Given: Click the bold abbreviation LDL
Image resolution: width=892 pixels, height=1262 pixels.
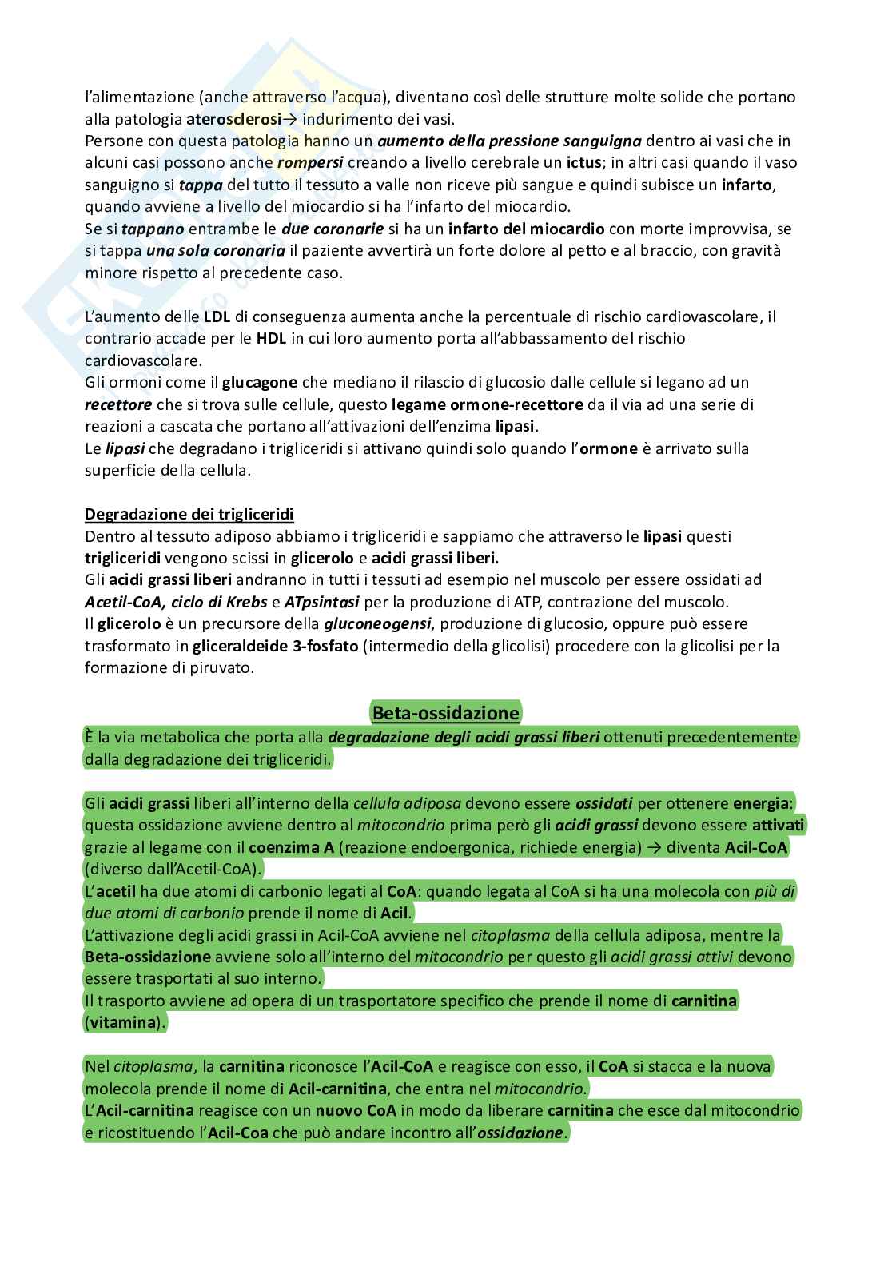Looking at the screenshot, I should (216, 316).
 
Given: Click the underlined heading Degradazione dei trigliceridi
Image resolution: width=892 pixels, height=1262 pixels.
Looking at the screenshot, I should (189, 514).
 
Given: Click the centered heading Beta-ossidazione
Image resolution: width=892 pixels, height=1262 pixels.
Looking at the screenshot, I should (445, 712).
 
